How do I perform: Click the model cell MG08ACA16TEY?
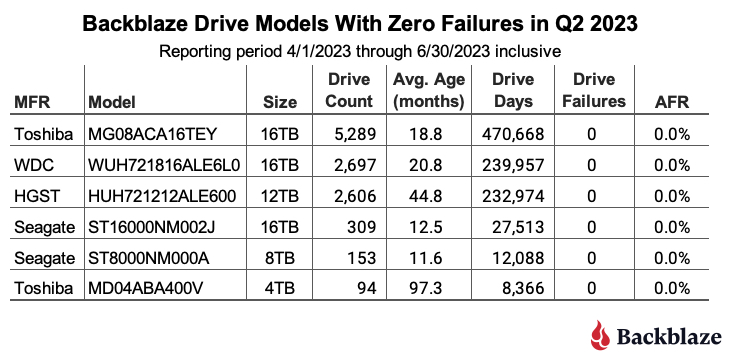(153, 134)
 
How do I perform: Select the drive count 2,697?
(350, 165)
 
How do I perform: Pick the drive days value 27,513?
(518, 227)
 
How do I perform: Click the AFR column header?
(671, 102)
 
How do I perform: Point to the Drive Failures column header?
(594, 90)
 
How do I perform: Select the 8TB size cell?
(279, 258)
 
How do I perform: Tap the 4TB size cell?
(279, 288)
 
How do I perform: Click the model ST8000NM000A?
(149, 258)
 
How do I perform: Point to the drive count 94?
(365, 288)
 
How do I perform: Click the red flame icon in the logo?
(600, 334)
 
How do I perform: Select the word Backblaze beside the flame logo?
(669, 336)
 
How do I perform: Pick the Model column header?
(112, 102)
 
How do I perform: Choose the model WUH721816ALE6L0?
(164, 165)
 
